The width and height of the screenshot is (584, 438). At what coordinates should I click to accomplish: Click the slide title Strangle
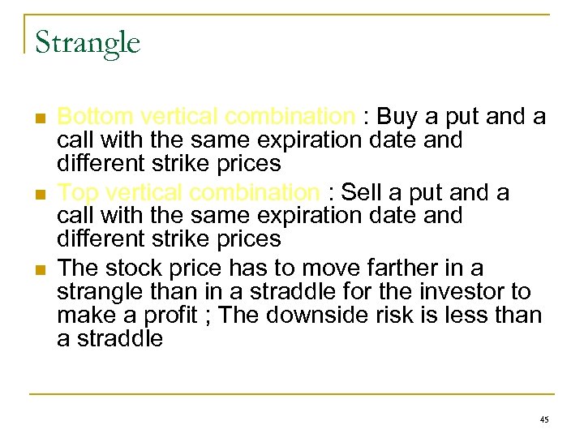(88, 42)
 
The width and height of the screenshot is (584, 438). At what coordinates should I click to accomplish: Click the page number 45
(543, 419)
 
